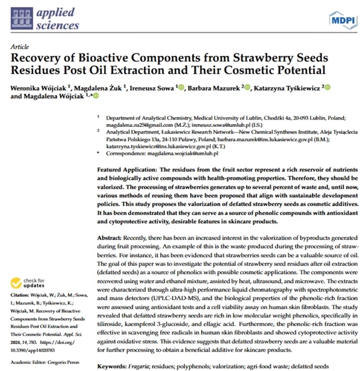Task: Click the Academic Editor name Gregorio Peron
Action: (x=66, y=362)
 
